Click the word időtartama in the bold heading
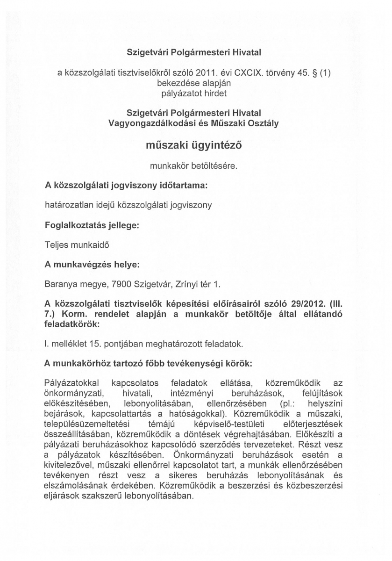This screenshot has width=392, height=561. (x=181, y=185)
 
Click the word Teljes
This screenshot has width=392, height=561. (x=55, y=245)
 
